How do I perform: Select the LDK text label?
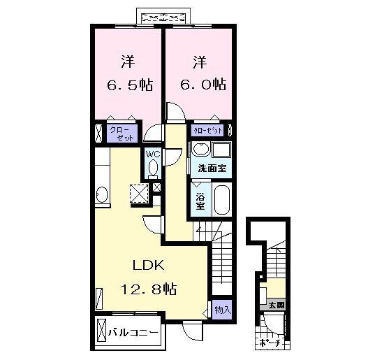[x=149, y=266]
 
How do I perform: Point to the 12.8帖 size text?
[x=149, y=289]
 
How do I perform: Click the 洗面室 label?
[x=212, y=168]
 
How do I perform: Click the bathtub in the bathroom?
[x=221, y=200]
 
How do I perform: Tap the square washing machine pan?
[x=223, y=150]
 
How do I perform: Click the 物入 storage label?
[x=221, y=309]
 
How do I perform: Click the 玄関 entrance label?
[x=276, y=305]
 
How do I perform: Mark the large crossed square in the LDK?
[x=138, y=193]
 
